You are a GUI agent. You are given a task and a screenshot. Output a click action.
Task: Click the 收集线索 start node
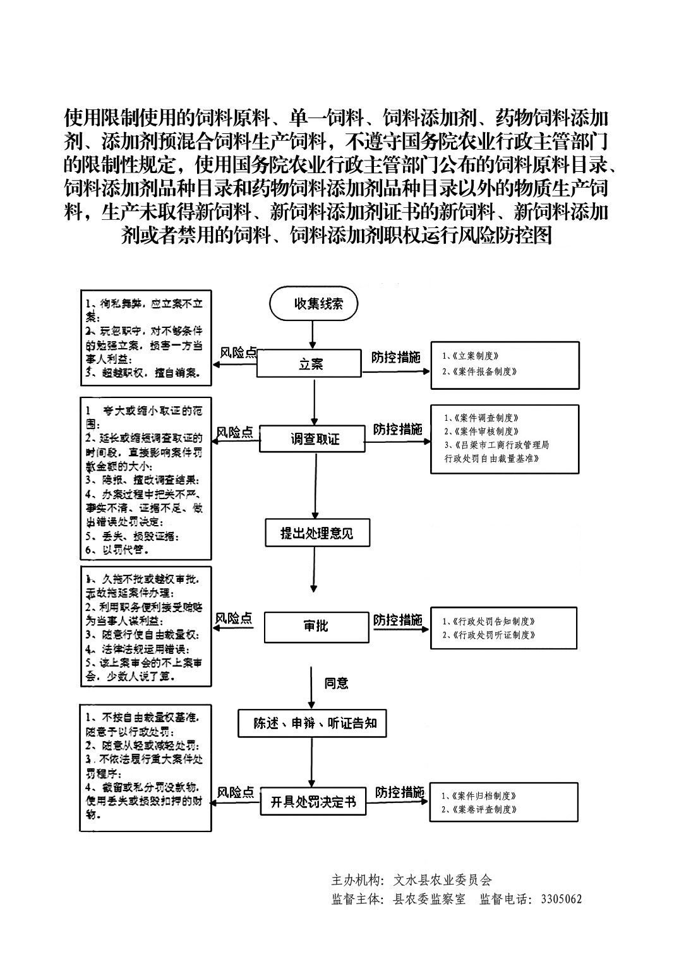[314, 304]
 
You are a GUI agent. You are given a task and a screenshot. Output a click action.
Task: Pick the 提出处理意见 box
[316, 533]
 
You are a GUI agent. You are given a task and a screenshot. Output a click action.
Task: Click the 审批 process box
[315, 626]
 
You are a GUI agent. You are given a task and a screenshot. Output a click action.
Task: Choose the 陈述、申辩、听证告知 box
[315, 723]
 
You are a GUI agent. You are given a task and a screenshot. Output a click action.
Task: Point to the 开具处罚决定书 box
[313, 802]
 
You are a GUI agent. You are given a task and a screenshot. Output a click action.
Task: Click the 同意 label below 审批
[336, 683]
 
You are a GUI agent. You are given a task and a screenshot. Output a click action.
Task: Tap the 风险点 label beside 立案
[237, 352]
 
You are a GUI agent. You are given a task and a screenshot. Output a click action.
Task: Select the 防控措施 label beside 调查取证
[397, 430]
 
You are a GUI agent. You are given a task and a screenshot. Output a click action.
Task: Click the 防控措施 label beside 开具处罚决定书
[399, 792]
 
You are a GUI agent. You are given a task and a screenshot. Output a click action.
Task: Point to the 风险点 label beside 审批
[234, 618]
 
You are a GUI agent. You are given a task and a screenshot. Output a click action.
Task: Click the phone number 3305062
[561, 899]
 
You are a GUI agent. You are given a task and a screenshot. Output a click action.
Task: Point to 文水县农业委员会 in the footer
[442, 879]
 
